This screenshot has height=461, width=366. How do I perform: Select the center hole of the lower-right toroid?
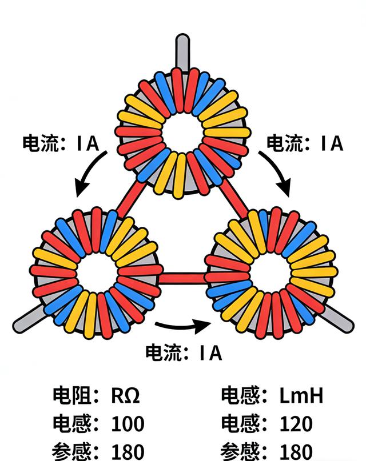(270, 272)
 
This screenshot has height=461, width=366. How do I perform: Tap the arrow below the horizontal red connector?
(183, 327)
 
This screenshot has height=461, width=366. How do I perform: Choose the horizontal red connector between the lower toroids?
(183, 278)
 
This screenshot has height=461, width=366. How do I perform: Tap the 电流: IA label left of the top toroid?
(60, 143)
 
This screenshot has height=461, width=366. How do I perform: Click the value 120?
(296, 424)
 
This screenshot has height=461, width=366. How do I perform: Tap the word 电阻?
(70, 395)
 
